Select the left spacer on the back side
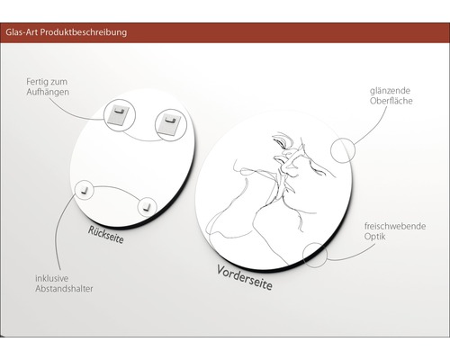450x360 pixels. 84,189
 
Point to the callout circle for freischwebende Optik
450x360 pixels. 316,255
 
